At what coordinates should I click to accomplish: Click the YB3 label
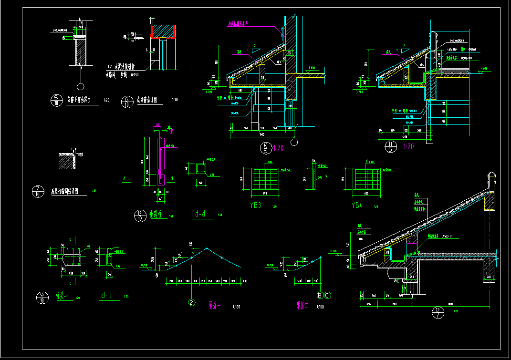point(256,206)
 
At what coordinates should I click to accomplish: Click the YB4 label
point(357,206)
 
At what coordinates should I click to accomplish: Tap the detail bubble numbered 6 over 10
point(127,101)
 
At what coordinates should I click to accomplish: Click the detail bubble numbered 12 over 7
point(438,313)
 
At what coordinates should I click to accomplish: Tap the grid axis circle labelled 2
point(191,302)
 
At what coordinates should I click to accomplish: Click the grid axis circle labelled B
point(320,296)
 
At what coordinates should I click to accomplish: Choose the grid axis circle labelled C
point(328,296)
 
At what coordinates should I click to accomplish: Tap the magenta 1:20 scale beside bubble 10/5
point(279,148)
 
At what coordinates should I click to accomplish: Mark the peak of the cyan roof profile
point(207,248)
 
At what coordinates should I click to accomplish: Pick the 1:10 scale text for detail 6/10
point(175,100)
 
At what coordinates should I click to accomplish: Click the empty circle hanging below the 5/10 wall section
point(80,86)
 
